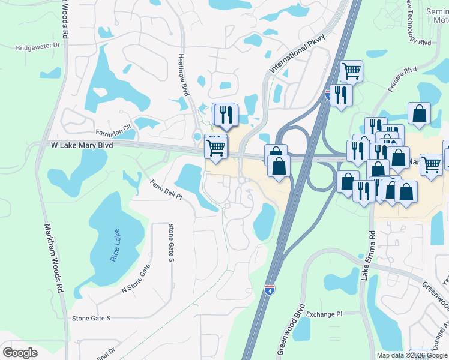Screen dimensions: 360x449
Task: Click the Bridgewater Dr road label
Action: (39, 46)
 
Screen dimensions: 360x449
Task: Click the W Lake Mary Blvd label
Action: (82, 145)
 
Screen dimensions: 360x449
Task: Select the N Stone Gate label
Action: (135, 281)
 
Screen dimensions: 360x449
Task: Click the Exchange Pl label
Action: (324, 314)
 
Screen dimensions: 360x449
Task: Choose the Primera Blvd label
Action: (402, 79)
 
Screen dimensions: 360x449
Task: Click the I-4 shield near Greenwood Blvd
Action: (270, 291)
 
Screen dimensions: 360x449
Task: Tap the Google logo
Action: (20, 352)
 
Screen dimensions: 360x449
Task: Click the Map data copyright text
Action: (412, 355)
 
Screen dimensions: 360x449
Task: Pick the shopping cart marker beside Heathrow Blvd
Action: (215, 146)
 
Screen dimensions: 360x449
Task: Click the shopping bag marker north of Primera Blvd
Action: (419, 112)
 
